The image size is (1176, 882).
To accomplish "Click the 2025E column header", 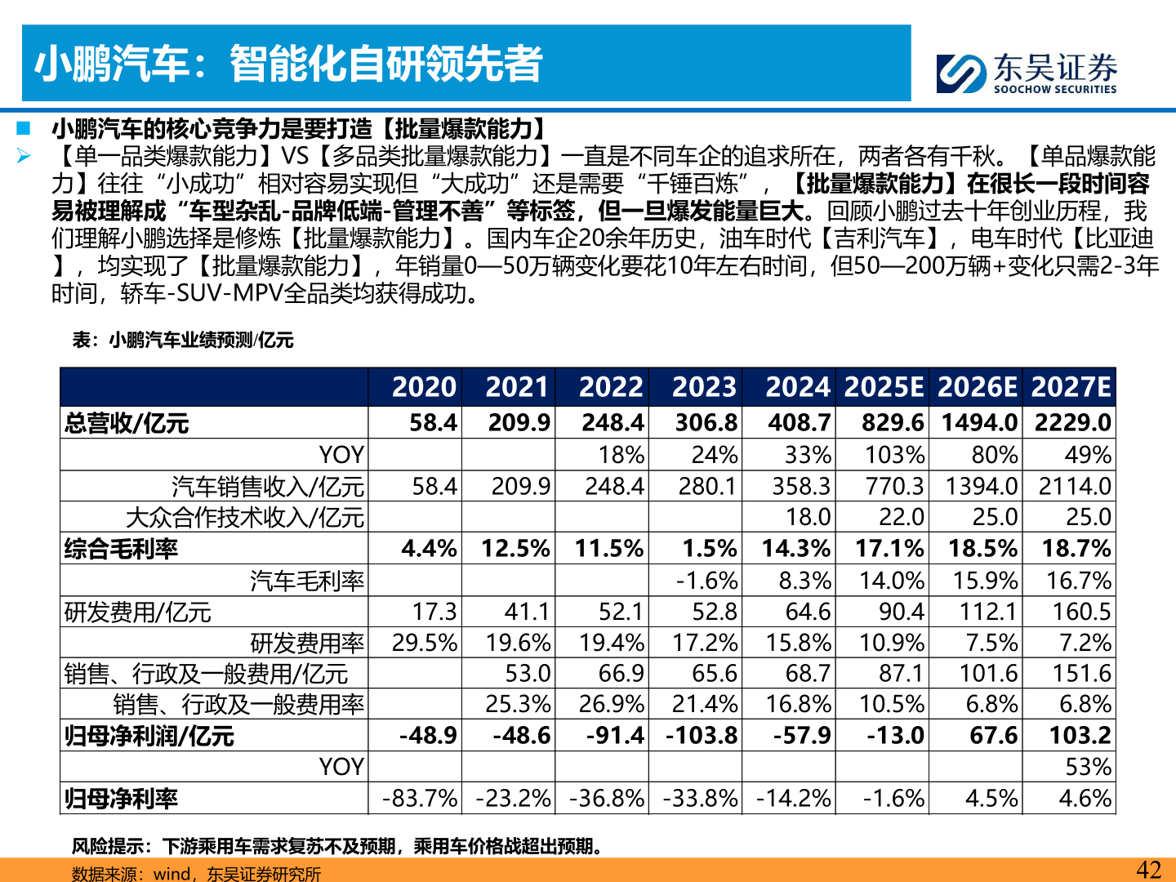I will [x=884, y=387].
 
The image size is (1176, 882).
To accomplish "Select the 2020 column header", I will [x=424, y=387].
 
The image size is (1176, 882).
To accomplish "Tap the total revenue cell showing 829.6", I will [x=893, y=423].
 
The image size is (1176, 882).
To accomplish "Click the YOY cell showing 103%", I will [x=895, y=455].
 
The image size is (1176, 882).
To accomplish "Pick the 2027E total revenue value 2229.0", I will [x=1072, y=423].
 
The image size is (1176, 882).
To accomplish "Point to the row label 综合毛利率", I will [x=121, y=549].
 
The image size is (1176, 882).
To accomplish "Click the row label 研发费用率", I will [x=307, y=644].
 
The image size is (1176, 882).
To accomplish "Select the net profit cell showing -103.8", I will [x=702, y=736].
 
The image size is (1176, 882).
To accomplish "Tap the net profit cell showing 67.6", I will [x=993, y=736].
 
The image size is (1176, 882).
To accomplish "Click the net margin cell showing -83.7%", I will [x=420, y=798].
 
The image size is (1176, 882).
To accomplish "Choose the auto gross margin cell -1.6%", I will [x=706, y=581].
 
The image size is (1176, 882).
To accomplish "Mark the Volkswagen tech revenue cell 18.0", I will [x=808, y=517].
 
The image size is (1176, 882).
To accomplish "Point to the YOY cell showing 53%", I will [x=1088, y=768].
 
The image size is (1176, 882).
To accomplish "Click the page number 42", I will [x=1148, y=870].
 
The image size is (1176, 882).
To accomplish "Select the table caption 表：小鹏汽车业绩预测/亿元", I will [x=183, y=341].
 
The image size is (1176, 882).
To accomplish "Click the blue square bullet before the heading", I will [x=24, y=128].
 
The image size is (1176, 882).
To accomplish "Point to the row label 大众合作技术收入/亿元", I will [x=245, y=518].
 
